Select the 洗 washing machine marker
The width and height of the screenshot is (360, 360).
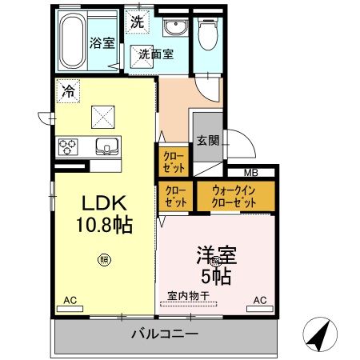pos(138,23)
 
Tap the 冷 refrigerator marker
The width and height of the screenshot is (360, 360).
pos(69,92)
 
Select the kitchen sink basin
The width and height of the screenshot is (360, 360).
pos(106,146)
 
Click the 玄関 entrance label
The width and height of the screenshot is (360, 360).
pos(207,140)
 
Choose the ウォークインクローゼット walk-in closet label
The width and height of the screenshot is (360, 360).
pos(234,197)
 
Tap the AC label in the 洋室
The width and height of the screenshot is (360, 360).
pos(259,300)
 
